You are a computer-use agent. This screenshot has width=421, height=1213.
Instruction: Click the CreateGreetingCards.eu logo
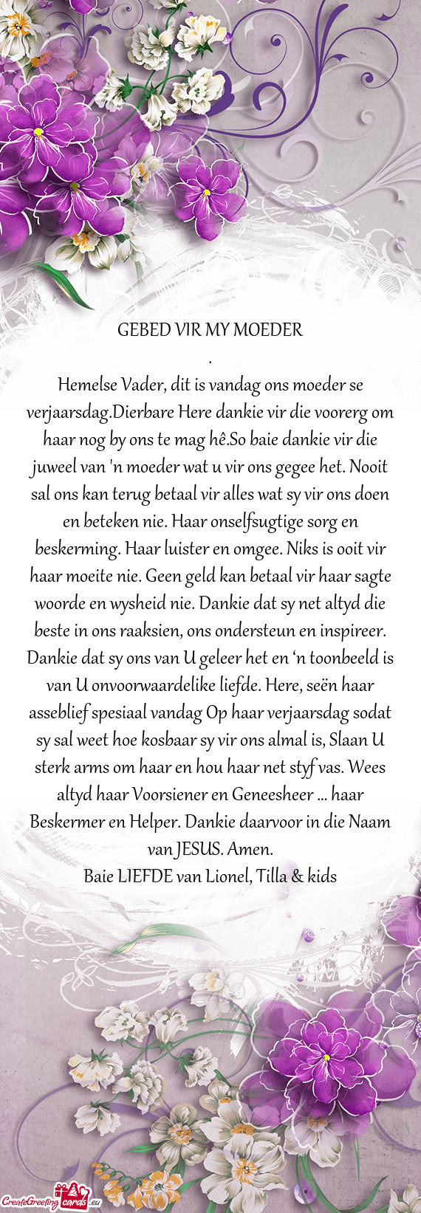coord(50,1203)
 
